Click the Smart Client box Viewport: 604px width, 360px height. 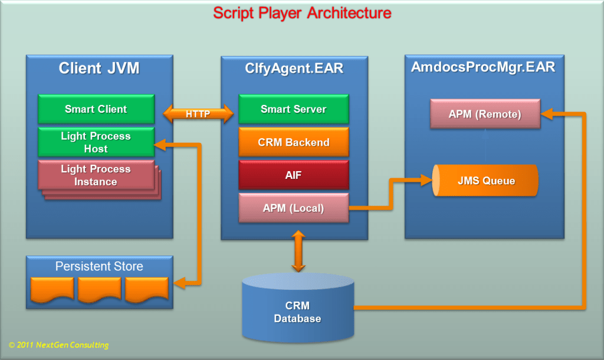[96, 109]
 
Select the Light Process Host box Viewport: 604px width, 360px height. [96, 142]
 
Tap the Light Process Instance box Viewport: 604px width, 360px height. [96, 175]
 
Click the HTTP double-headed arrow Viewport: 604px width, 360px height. [197, 114]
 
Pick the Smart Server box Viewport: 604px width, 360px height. [293, 109]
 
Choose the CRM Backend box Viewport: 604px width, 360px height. [293, 142]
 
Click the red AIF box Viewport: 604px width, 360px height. [293, 175]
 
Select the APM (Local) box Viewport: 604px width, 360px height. [293, 208]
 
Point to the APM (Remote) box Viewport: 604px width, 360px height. [485, 114]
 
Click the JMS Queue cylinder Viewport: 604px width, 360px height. [485, 181]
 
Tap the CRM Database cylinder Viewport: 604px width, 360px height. [298, 311]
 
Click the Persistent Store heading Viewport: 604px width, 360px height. [99, 266]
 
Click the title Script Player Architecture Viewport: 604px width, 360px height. [301, 12]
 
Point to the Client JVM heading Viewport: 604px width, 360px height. [99, 68]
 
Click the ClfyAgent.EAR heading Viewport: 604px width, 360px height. [294, 68]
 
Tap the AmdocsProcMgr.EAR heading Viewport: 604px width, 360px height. [483, 67]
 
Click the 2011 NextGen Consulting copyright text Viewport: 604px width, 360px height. [59, 345]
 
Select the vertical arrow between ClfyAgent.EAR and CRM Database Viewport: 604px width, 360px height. [298, 251]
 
